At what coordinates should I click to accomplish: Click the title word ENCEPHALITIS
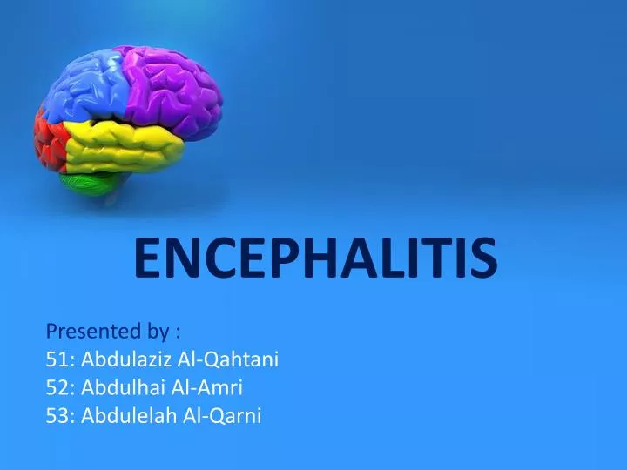(x=314, y=258)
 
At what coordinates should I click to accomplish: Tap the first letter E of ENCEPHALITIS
(x=147, y=258)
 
